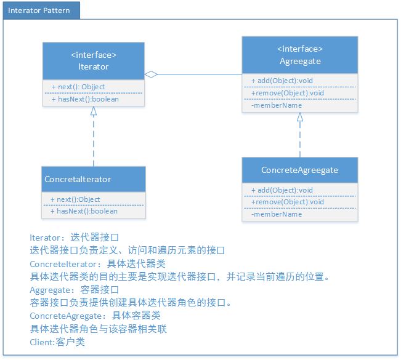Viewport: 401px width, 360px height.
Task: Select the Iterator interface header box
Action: pos(94,61)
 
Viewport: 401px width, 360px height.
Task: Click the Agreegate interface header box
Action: pos(300,55)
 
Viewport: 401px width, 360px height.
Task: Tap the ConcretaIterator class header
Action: pos(94,179)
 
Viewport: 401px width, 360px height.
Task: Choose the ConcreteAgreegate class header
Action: pos(300,170)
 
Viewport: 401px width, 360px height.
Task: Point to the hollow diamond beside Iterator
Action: pos(151,74)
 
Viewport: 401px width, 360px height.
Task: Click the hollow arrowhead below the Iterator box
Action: pos(94,111)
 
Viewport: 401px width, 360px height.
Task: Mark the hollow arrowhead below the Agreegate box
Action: pos(300,117)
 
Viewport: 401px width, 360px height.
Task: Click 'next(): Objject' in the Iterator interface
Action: pos(78,87)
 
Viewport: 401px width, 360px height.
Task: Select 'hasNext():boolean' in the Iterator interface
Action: pos(85,99)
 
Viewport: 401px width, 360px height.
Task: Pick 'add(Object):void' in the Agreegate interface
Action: pos(282,81)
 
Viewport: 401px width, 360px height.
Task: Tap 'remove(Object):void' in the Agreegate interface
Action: pos(288,93)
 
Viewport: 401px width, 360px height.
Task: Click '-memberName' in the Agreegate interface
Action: pos(277,105)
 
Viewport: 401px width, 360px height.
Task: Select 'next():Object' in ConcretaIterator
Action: pos(75,199)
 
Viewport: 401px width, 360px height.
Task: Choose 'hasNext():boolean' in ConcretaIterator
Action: pos(84,211)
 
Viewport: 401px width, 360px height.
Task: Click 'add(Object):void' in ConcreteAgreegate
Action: pos(282,190)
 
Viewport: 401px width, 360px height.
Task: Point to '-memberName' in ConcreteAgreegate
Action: pos(277,214)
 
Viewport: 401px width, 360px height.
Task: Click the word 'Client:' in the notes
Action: pos(43,342)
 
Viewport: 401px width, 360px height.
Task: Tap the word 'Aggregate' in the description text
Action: pos(50,290)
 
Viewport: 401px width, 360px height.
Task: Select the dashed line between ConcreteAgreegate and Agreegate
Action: pos(300,140)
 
